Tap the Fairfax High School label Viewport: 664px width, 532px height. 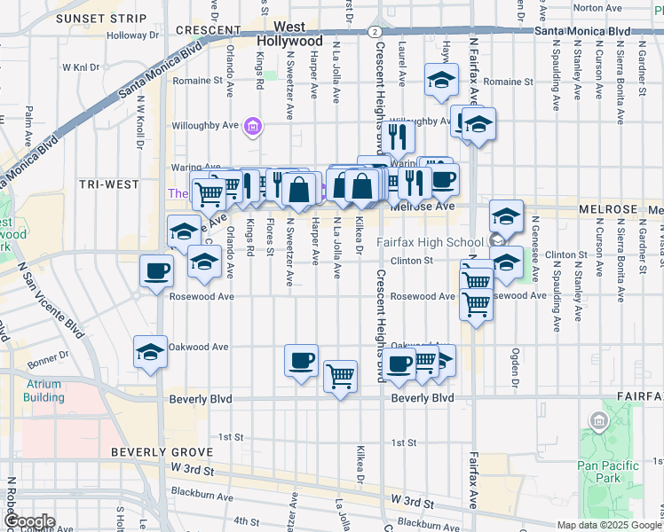(427, 242)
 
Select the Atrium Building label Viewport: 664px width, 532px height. (43, 391)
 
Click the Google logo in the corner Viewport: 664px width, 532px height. (28, 521)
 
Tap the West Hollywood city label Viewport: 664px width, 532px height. (289, 35)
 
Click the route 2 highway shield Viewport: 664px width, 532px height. (375, 31)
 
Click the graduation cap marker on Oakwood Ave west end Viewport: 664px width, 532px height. (150, 351)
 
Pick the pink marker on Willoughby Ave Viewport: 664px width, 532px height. (252, 128)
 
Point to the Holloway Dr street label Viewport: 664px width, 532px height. (131, 35)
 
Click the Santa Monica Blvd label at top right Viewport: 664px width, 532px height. (581, 31)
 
